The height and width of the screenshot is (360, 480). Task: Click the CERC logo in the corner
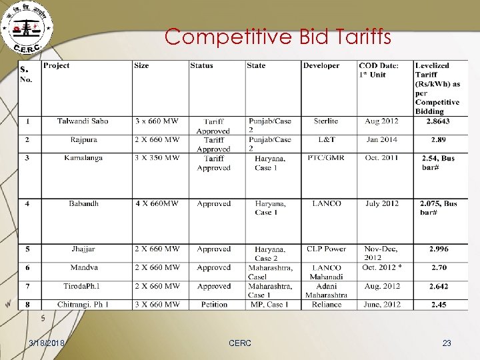click(x=28, y=29)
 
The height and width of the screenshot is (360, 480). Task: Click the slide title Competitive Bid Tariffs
click(x=278, y=36)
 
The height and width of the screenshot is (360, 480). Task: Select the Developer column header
click(x=321, y=66)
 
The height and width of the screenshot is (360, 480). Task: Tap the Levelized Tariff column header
click(x=437, y=88)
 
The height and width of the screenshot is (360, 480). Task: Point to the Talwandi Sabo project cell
click(x=83, y=121)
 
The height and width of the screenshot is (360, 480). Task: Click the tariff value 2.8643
click(x=439, y=121)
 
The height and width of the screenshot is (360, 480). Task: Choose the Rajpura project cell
click(x=83, y=140)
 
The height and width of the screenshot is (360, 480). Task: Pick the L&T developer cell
click(x=325, y=140)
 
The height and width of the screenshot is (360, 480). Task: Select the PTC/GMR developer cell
click(x=325, y=159)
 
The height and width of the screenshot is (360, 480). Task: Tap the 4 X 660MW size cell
click(x=157, y=203)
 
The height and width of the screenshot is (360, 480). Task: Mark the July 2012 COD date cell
click(x=382, y=203)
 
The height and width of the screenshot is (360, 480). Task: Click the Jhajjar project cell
click(x=83, y=249)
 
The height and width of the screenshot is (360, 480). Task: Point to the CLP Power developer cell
click(x=326, y=249)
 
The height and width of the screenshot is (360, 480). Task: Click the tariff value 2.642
click(x=439, y=287)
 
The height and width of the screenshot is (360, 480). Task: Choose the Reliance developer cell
click(x=326, y=305)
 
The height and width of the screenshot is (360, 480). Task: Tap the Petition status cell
click(x=213, y=305)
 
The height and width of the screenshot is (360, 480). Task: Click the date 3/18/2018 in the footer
click(x=47, y=343)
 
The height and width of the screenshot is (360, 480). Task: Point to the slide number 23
click(x=447, y=343)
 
